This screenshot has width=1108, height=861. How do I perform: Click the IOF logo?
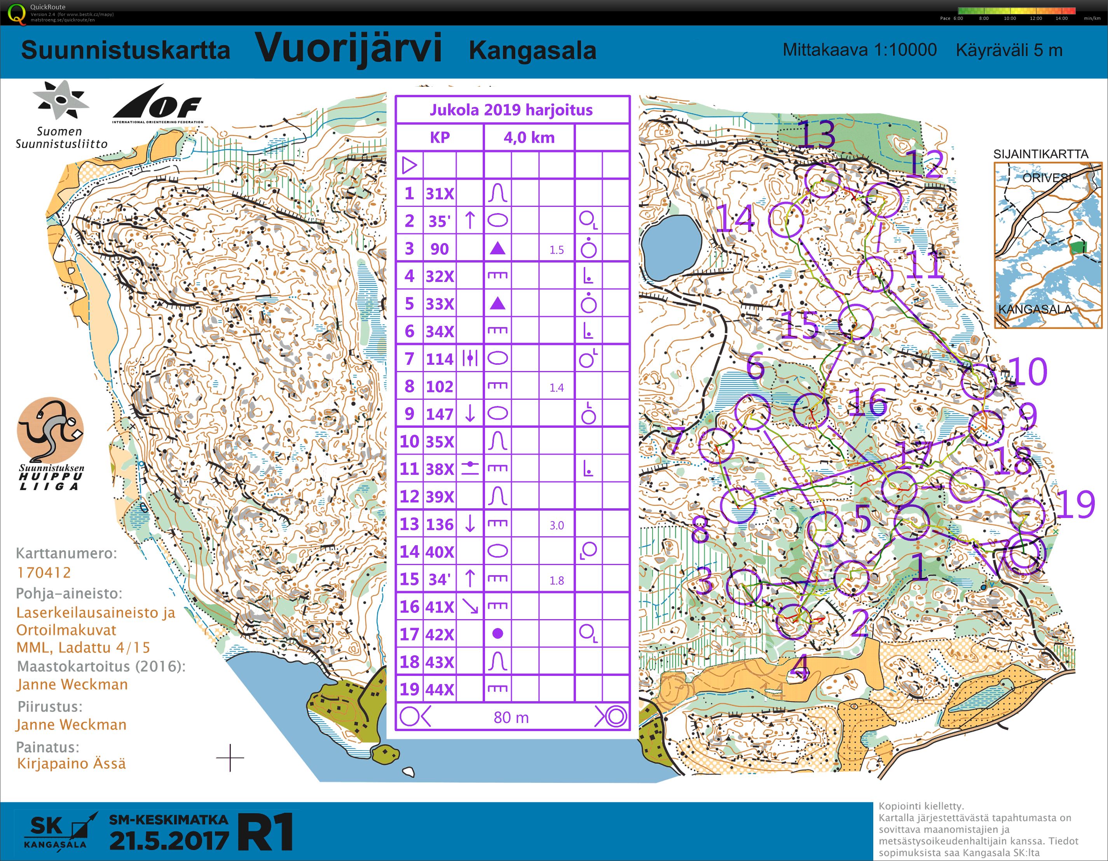[x=158, y=105]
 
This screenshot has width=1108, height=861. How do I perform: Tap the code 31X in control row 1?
[x=439, y=193]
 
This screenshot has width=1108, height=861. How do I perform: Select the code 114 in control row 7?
[x=439, y=359]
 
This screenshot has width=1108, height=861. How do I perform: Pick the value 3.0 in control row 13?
[x=556, y=525]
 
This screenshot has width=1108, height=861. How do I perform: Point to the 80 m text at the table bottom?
[x=511, y=717]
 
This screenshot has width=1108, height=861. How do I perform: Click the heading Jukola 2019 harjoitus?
[x=511, y=110]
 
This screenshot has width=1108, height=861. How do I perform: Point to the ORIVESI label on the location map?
[x=1047, y=178]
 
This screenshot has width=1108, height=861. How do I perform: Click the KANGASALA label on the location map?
[x=1035, y=309]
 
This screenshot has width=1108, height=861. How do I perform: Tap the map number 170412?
[x=44, y=572]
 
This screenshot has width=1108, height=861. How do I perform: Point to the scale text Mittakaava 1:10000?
[x=859, y=50]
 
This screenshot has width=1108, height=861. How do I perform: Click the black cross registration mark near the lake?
[x=230, y=758]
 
